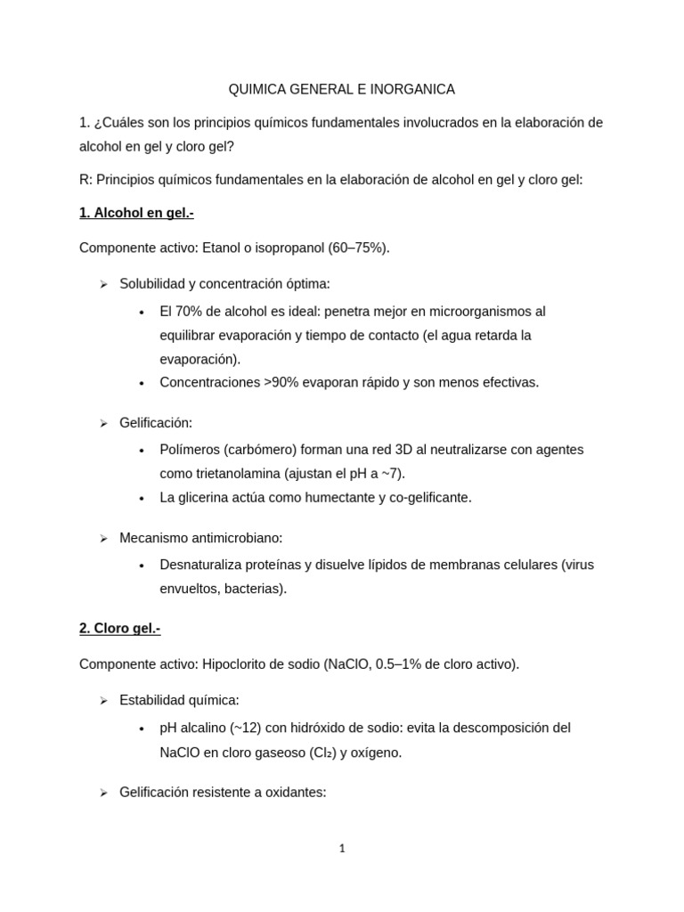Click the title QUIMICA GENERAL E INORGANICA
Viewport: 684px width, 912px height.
coord(342,89)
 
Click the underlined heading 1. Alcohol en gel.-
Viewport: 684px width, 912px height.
coord(136,214)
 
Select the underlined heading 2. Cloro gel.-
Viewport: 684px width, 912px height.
coord(119,629)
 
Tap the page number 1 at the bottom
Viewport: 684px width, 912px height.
coord(342,848)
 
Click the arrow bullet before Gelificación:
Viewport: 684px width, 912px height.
coord(103,424)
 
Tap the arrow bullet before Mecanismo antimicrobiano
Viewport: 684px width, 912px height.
coord(103,539)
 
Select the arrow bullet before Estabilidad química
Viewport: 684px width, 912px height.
coord(103,701)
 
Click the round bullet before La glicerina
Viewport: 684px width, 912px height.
coord(142,499)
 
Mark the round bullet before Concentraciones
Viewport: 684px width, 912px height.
coord(142,383)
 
